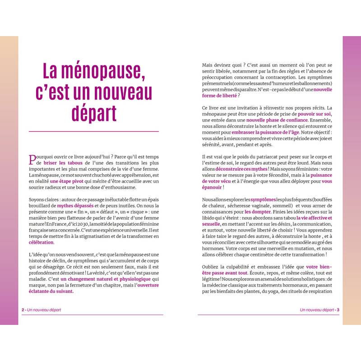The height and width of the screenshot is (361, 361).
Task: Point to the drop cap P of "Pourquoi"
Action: (32, 159)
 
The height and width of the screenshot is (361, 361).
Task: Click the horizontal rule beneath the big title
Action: (94, 131)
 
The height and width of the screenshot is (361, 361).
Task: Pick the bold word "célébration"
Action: (41, 242)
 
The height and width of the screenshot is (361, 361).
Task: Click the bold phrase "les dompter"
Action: (258, 212)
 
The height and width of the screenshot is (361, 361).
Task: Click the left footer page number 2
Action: (23, 310)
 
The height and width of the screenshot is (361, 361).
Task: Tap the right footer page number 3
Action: (338, 310)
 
